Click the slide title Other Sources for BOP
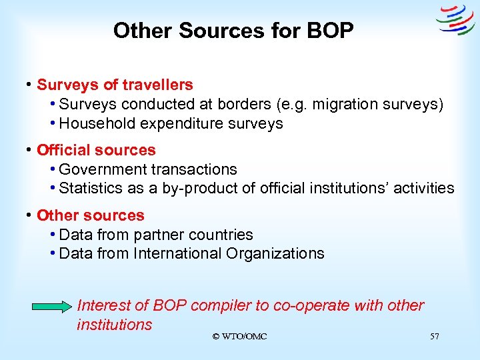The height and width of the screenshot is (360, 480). (233, 31)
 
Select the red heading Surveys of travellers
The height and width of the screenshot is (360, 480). (115, 85)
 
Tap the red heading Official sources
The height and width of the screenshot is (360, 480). (96, 150)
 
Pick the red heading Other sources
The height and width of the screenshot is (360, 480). (91, 215)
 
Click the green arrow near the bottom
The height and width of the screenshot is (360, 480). (54, 307)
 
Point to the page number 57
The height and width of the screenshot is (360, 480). (435, 337)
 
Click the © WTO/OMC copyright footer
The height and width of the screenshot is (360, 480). (239, 337)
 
